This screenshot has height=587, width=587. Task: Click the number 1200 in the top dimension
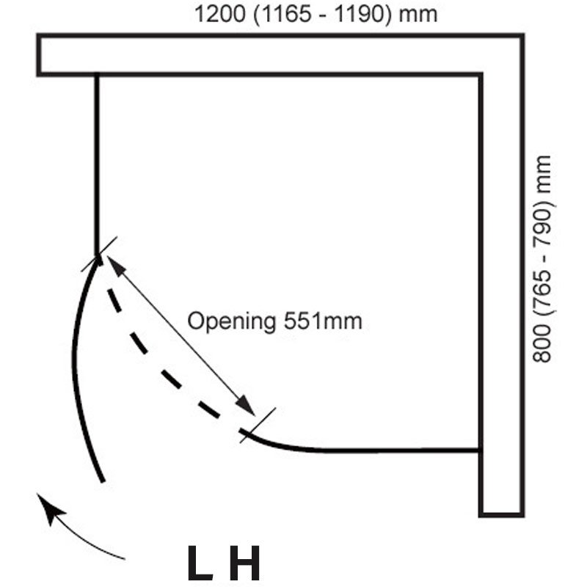(220, 14)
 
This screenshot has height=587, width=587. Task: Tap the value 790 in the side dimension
(542, 226)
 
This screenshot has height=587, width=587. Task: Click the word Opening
(232, 322)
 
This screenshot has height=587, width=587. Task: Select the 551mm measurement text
(323, 321)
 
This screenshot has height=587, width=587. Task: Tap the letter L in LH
(200, 563)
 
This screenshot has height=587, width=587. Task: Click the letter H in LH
(247, 563)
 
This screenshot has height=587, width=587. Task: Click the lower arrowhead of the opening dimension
(246, 405)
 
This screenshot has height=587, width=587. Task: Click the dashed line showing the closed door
(161, 371)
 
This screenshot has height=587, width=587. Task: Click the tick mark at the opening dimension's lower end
(258, 426)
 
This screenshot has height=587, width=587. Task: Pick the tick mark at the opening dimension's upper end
(99, 254)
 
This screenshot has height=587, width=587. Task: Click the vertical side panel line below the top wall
(97, 164)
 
